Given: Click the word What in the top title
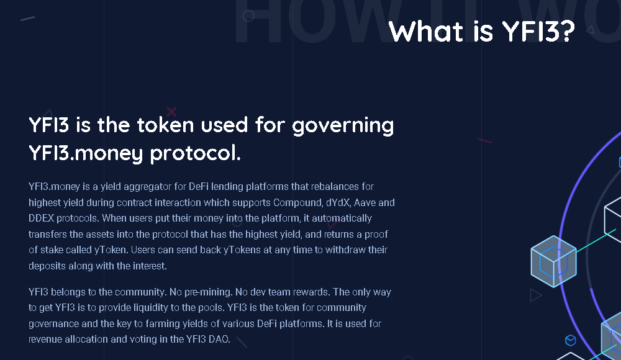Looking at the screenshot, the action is (425, 31).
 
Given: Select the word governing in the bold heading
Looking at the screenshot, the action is (343, 127).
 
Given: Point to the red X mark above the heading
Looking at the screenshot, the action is (171, 112).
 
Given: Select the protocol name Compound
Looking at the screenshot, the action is (297, 203).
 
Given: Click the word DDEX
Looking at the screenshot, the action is (41, 218).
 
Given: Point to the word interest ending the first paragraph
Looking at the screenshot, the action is (150, 266).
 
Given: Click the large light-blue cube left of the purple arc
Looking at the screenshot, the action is (553, 261).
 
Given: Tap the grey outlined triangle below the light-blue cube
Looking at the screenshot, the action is (535, 295).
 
